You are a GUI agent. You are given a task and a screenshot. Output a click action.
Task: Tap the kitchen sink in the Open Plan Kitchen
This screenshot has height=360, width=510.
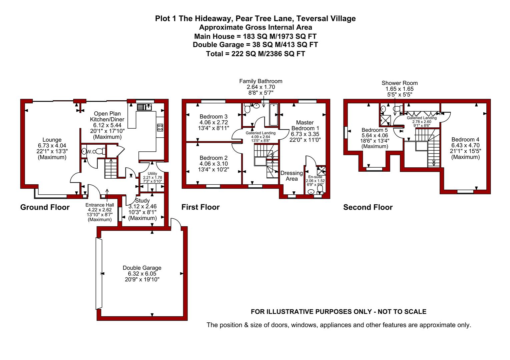pos(144,107)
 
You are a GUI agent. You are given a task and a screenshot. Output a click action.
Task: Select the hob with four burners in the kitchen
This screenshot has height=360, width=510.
pos(160,127)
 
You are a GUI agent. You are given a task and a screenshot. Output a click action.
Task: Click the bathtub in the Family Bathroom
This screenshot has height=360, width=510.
pos(274,115)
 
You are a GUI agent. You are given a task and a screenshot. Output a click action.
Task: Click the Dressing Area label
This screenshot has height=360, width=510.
pos(292,176)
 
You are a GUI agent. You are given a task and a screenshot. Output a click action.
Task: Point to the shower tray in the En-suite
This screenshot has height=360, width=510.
pos(321,171)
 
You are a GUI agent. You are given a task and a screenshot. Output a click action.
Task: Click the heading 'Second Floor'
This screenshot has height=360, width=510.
pos(368,207)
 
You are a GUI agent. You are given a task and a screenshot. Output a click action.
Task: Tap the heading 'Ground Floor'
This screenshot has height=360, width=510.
pos(45,207)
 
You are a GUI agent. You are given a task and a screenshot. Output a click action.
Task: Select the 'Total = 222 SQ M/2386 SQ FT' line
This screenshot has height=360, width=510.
pos(256,54)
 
